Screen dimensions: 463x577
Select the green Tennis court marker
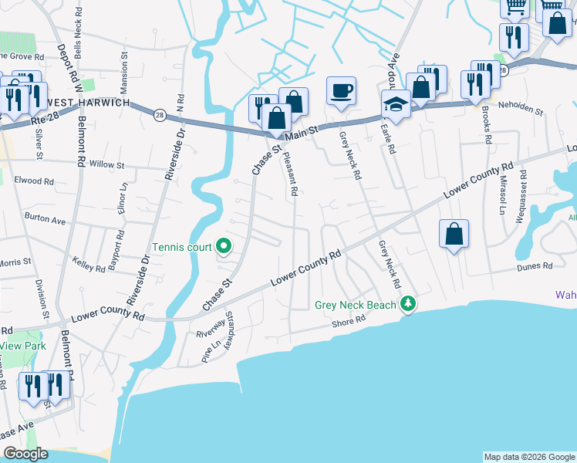coord(224,247)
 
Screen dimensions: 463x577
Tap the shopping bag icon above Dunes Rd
coord(454,234)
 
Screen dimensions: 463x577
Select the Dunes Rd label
coord(536,265)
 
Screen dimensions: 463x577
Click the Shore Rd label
coord(349,323)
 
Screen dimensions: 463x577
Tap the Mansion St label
coord(123,68)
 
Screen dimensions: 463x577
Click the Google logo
coord(25,454)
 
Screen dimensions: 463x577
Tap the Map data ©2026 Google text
coord(528,457)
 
